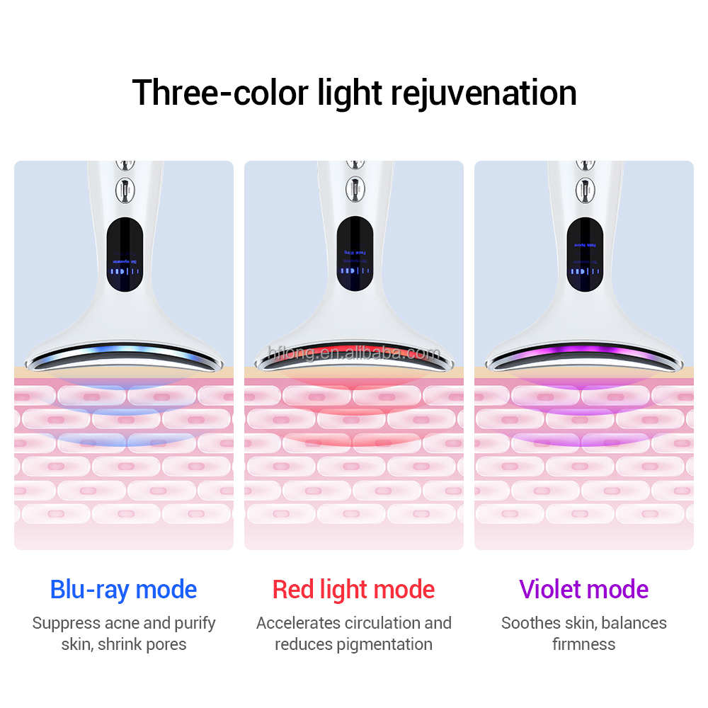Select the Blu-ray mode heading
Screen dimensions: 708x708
[123, 590]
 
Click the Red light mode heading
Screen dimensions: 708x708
[353, 590]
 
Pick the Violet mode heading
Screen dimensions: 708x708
[583, 590]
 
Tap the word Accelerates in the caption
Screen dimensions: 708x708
[299, 624]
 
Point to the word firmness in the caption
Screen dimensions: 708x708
[583, 644]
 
